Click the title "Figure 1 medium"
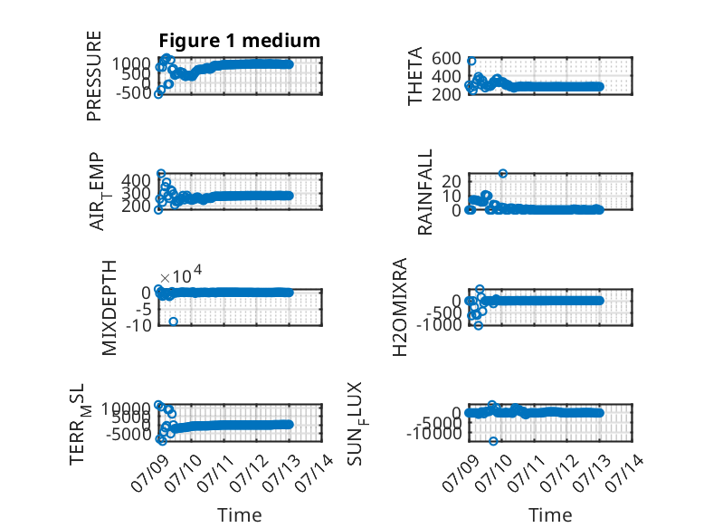click(x=239, y=41)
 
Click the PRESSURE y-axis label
click(x=94, y=76)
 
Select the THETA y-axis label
click(x=415, y=76)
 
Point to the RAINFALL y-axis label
click(x=424, y=192)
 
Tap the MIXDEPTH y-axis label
click(x=109, y=308)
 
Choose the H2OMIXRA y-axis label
click(x=400, y=307)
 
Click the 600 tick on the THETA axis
click(x=446, y=59)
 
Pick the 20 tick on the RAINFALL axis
click(x=452, y=181)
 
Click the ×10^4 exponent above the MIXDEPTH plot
click(x=181, y=274)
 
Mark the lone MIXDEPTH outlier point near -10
click(x=174, y=322)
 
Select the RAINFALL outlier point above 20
click(x=503, y=174)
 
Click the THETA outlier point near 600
click(x=471, y=61)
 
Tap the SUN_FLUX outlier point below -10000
click(x=493, y=441)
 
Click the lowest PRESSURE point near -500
click(x=158, y=94)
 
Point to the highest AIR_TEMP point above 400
click(x=161, y=174)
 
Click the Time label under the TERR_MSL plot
click(x=239, y=514)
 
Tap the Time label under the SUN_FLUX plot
click(x=550, y=514)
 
